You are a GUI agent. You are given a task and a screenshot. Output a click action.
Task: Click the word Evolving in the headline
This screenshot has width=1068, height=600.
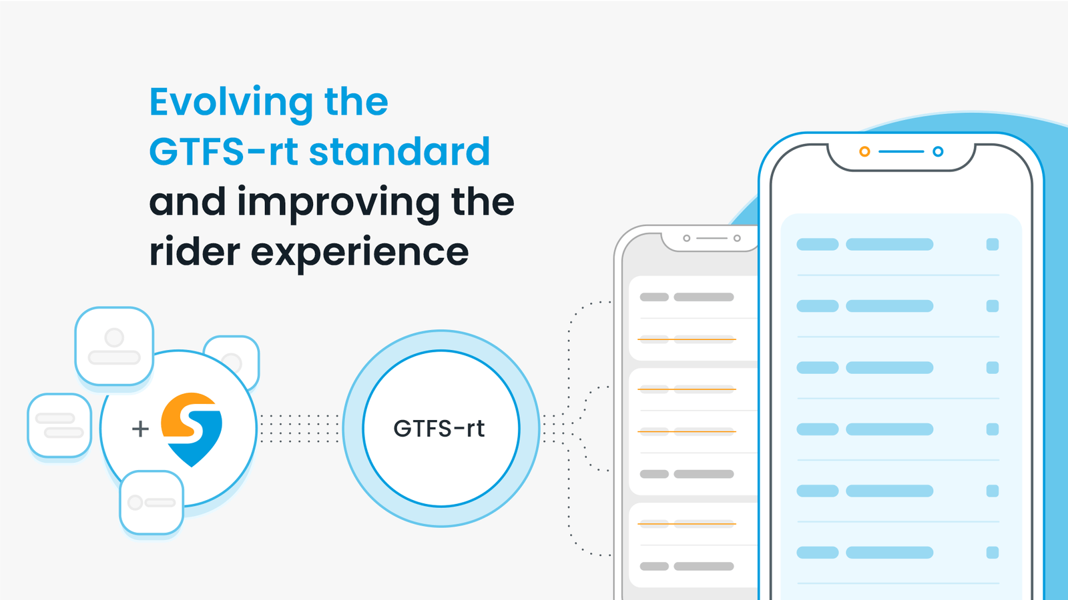(x=231, y=102)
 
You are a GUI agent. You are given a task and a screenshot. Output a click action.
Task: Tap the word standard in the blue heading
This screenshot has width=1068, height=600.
(x=399, y=152)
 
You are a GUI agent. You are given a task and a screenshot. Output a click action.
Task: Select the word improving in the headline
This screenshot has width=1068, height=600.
(x=338, y=202)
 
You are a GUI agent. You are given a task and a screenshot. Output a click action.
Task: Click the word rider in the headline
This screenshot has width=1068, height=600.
(x=194, y=252)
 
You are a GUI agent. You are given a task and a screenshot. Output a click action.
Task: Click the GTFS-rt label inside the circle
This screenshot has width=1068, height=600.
(x=439, y=428)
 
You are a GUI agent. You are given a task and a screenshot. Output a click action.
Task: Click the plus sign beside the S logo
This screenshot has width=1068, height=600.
(x=140, y=429)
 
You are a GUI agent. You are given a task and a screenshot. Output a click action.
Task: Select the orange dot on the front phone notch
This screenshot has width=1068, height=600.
(x=864, y=152)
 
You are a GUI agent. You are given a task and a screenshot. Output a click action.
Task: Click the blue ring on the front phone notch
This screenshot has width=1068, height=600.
(x=938, y=152)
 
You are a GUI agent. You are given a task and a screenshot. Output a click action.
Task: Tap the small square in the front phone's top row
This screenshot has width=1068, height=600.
(x=993, y=245)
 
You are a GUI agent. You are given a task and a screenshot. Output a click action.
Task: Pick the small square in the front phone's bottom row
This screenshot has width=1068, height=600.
(x=993, y=553)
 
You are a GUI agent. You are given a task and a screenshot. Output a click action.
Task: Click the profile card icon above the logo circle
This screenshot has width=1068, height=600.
(x=114, y=345)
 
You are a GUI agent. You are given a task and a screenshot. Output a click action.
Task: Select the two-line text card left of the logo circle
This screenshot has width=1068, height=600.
(x=59, y=425)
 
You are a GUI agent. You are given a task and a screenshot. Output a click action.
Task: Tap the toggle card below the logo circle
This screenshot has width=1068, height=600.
(x=152, y=502)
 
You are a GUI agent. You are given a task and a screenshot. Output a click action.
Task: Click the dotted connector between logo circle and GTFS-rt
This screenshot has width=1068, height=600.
(x=299, y=429)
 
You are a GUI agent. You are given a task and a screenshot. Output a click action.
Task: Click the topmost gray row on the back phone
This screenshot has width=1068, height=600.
(x=687, y=297)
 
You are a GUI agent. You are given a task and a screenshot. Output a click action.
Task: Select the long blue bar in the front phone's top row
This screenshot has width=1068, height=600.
(x=889, y=245)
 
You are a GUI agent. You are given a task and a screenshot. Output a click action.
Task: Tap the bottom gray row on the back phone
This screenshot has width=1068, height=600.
(x=687, y=567)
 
